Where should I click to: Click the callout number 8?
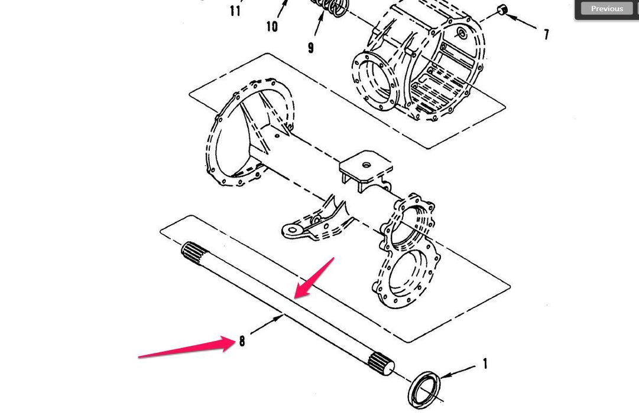[x=242, y=340]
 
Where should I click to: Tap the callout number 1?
[x=485, y=363]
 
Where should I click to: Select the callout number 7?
[x=546, y=34]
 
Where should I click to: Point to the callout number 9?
[x=311, y=48]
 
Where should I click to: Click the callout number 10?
[x=272, y=27]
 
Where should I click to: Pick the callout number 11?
[x=235, y=11]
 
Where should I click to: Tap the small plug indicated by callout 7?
[x=502, y=9]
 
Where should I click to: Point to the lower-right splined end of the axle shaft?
[x=382, y=363]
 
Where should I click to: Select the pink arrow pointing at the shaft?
[x=314, y=277]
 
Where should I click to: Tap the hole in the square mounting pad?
[x=366, y=165]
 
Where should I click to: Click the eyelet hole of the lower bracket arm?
[x=292, y=231]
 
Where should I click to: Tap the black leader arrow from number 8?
[x=267, y=324]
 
